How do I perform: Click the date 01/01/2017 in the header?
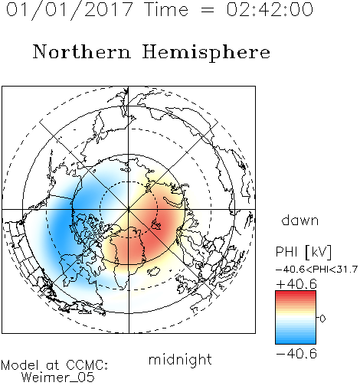[70, 10]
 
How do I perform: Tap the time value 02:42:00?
[270, 9]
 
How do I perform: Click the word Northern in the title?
[82, 51]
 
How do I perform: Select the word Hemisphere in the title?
[206, 53]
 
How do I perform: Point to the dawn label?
[300, 220]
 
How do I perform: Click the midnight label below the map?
[180, 359]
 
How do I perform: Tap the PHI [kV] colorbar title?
[303, 252]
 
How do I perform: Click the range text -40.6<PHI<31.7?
[316, 270]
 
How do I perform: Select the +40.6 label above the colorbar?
[296, 284]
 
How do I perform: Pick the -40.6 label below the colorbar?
[296, 354]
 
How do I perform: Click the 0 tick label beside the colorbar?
[322, 319]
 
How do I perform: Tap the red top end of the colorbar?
[296, 293]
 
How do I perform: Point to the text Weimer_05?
[58, 377]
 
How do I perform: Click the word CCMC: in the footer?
[87, 365]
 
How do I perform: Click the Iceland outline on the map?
[154, 271]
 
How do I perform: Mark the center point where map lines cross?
[129, 209]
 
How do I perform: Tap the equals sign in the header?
[207, 10]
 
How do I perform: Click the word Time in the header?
[166, 9]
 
